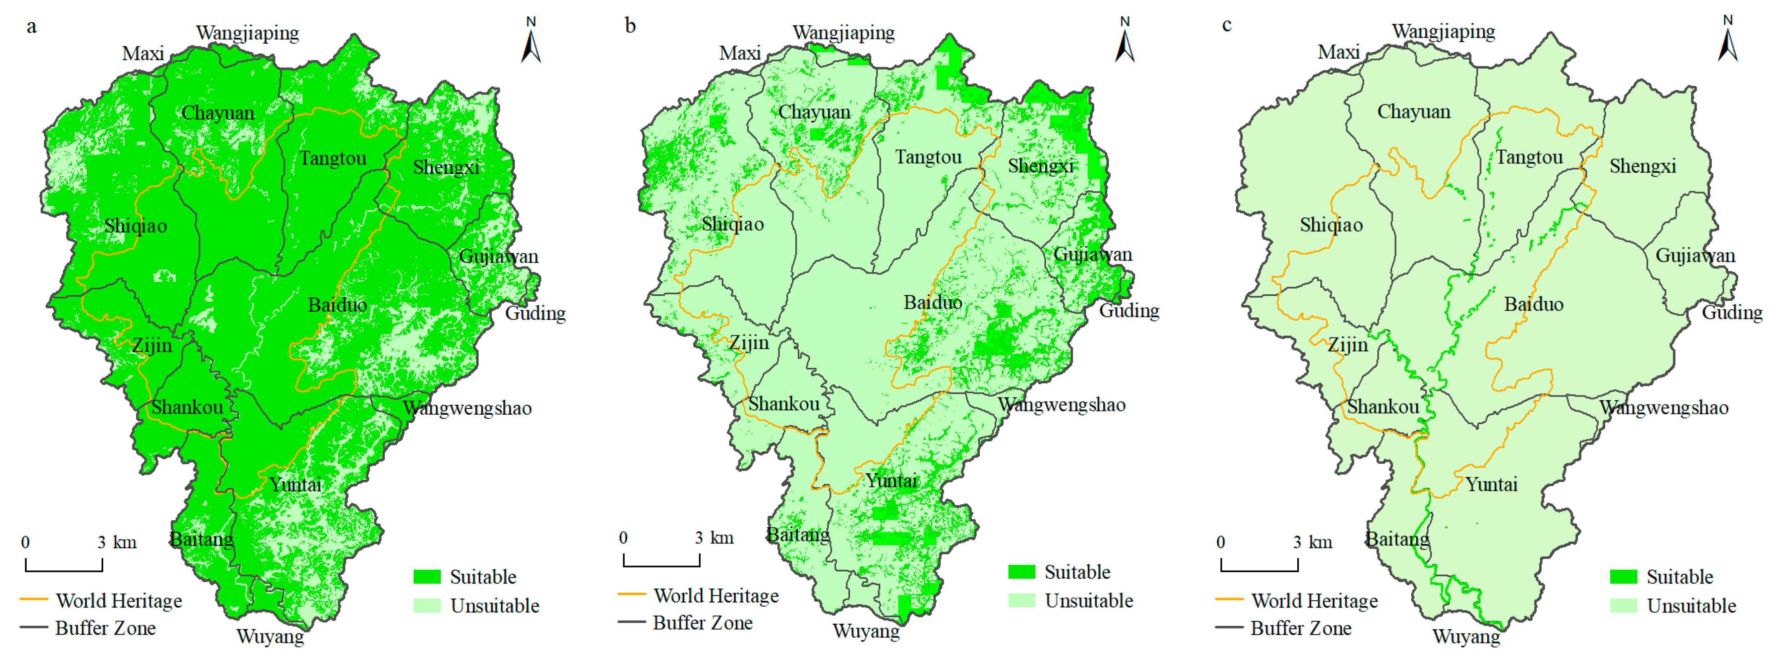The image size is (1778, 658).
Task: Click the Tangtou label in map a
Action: (x=333, y=159)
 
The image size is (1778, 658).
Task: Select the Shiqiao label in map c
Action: (x=1331, y=225)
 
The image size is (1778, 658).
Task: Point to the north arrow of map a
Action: (x=531, y=42)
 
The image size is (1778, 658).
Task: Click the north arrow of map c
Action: (x=1727, y=40)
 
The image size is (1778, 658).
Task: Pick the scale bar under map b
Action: (x=661, y=560)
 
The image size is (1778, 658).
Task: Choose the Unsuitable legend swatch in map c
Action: (x=1623, y=605)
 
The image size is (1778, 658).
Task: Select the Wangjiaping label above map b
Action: (x=843, y=32)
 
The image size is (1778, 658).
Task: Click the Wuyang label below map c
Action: (x=1466, y=636)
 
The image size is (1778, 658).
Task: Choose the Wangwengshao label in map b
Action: (x=1062, y=405)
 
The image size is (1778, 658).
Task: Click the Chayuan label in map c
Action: (x=1414, y=112)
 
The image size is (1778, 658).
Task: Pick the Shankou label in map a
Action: (x=187, y=407)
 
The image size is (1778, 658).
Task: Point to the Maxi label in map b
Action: (x=740, y=53)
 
